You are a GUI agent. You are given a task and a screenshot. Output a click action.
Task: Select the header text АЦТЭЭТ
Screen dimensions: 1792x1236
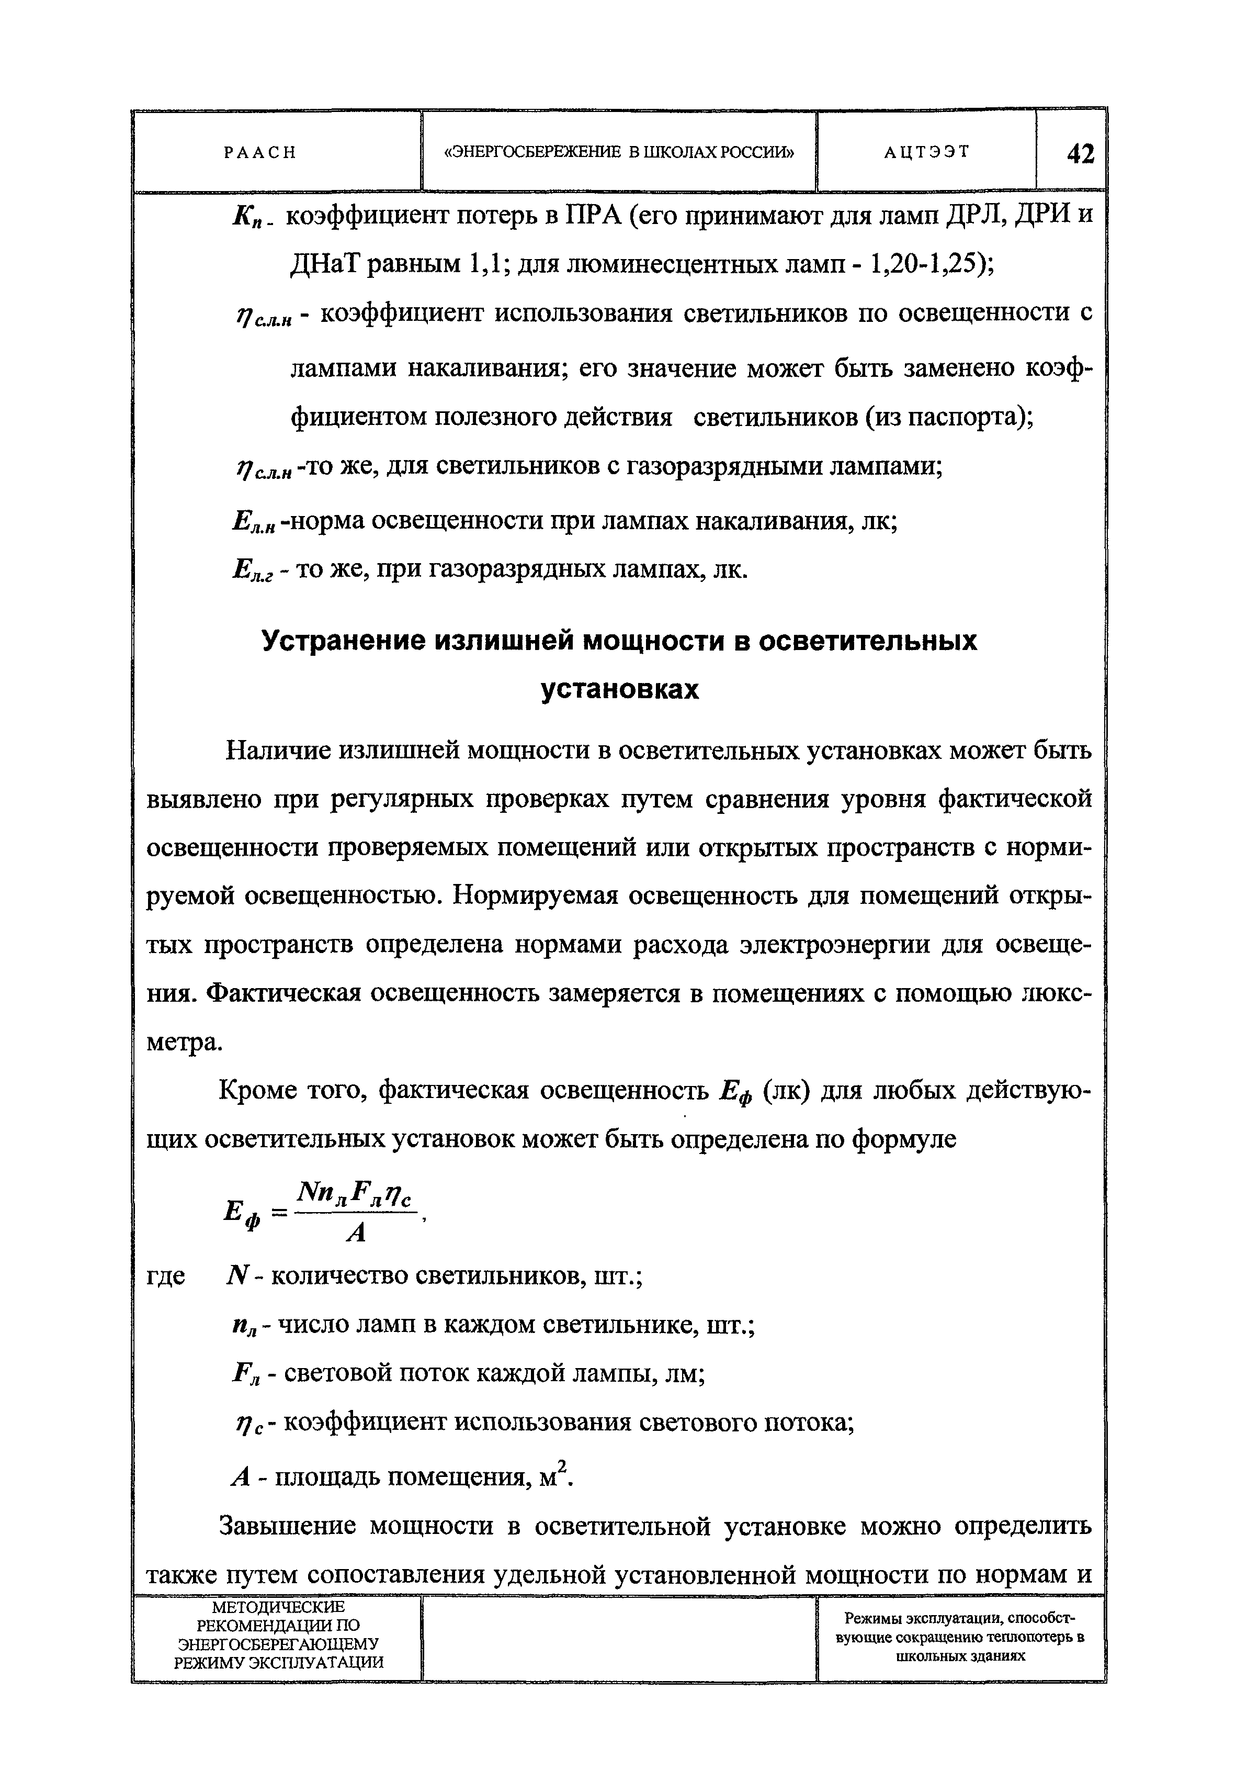coord(926,152)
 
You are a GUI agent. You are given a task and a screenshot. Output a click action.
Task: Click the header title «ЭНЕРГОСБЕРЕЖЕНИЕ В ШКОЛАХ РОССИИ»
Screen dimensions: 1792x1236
coord(619,152)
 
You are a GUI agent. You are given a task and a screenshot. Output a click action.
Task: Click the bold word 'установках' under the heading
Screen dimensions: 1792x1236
coord(619,689)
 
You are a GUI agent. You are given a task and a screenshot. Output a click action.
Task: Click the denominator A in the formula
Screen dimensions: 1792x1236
coord(356,1233)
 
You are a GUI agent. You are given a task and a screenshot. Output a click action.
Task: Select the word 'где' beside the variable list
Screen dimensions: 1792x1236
coord(166,1276)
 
